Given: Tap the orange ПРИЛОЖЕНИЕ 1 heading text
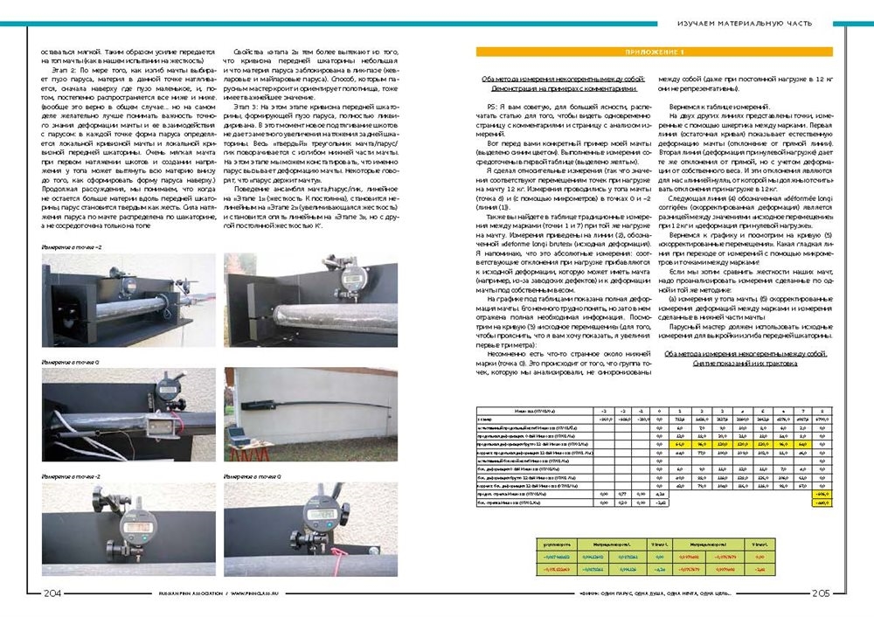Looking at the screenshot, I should [654, 53].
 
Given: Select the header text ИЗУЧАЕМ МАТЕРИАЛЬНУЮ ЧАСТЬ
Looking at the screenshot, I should [746, 22].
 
